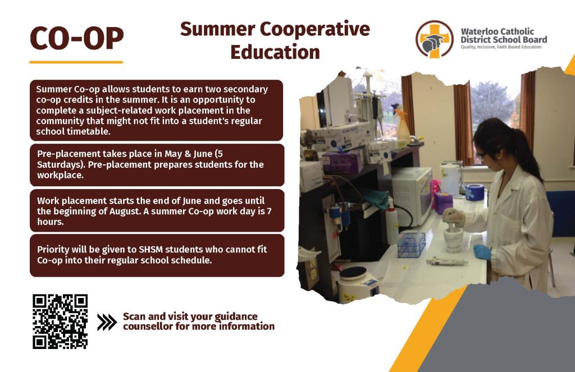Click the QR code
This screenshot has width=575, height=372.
60,322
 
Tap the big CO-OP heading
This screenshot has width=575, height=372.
76,38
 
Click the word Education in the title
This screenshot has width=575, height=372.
275,52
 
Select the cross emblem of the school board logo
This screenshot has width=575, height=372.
434,39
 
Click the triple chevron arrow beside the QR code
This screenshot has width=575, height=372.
107,322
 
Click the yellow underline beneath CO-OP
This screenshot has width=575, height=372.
76,62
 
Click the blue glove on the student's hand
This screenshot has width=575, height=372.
482,252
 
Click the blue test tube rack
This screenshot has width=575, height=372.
412,244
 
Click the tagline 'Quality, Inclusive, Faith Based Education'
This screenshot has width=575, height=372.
501,47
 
